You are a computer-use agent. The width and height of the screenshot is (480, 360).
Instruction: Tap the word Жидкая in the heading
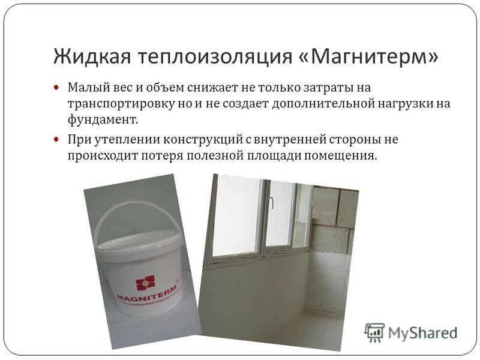[92, 56]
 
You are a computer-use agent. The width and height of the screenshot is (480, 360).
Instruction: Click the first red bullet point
[56, 87]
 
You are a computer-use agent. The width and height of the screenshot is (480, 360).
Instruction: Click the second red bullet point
[56, 139]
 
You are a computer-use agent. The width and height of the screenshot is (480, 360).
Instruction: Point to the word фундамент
[103, 119]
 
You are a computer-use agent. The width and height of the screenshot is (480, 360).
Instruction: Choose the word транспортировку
[121, 104]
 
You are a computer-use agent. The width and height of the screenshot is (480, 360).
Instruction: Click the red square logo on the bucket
[145, 283]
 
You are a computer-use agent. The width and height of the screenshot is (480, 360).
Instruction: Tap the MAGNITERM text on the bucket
[146, 293]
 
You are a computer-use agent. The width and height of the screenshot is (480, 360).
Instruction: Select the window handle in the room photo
[272, 203]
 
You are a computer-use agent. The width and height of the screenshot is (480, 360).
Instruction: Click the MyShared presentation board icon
[374, 332]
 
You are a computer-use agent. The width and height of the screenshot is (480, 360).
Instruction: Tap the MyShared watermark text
[423, 333]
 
